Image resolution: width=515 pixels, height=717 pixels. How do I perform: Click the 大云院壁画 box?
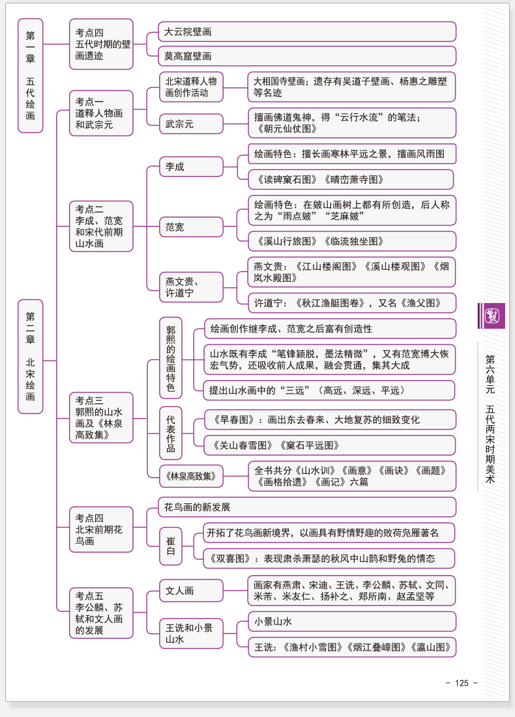pyautogui.click(x=307, y=31)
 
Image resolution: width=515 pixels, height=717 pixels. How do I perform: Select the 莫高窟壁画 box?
pyautogui.click(x=307, y=56)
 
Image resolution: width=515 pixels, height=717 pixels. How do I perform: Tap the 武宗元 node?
pyautogui.click(x=191, y=124)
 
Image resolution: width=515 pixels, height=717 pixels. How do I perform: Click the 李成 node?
pyautogui.click(x=191, y=166)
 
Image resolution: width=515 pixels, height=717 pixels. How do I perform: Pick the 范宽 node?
pyautogui.click(x=191, y=227)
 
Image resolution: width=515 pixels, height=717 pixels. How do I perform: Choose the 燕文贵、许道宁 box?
pyautogui.click(x=191, y=287)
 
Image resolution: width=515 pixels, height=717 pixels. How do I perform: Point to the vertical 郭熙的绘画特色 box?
pyautogui.click(x=171, y=358)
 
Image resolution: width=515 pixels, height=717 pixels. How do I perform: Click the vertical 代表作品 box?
pyautogui.click(x=171, y=433)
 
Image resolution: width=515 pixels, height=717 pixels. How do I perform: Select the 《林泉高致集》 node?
pyautogui.click(x=191, y=476)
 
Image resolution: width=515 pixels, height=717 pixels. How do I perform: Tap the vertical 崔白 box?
pyautogui.click(x=171, y=546)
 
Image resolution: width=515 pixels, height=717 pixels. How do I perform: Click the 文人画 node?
pyautogui.click(x=191, y=591)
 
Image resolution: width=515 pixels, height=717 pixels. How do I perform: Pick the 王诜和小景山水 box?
pyautogui.click(x=191, y=634)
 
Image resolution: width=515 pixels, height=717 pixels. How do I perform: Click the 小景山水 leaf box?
pyautogui.click(x=352, y=621)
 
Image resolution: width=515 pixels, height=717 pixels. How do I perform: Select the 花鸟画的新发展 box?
pyautogui.click(x=307, y=507)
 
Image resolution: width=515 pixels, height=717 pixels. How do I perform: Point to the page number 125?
pyautogui.click(x=462, y=682)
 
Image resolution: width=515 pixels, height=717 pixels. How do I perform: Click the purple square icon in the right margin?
pyautogui.click(x=492, y=315)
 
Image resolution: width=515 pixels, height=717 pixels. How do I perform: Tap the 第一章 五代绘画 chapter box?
pyautogui.click(x=30, y=76)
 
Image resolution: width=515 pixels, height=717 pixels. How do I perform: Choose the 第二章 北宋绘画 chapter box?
pyautogui.click(x=30, y=357)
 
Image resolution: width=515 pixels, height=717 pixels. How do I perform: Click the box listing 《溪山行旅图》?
pyautogui.click(x=352, y=241)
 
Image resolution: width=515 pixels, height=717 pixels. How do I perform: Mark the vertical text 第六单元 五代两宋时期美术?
pyautogui.click(x=490, y=418)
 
